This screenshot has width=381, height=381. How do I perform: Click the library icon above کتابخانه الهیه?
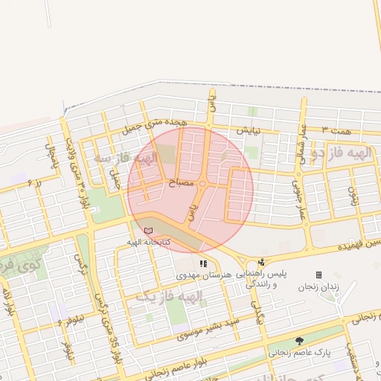(147, 231)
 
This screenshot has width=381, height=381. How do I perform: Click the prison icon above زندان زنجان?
(318, 275)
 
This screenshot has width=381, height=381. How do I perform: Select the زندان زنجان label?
(318, 286)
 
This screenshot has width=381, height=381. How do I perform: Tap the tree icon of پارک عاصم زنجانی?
(299, 339)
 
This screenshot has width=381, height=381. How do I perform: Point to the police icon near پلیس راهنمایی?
(260, 262)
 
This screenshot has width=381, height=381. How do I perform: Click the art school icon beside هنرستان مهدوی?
(203, 263)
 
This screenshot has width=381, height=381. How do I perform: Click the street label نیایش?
(248, 129)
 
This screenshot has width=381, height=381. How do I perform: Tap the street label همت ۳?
(334, 129)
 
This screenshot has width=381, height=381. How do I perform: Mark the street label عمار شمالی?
(303, 138)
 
